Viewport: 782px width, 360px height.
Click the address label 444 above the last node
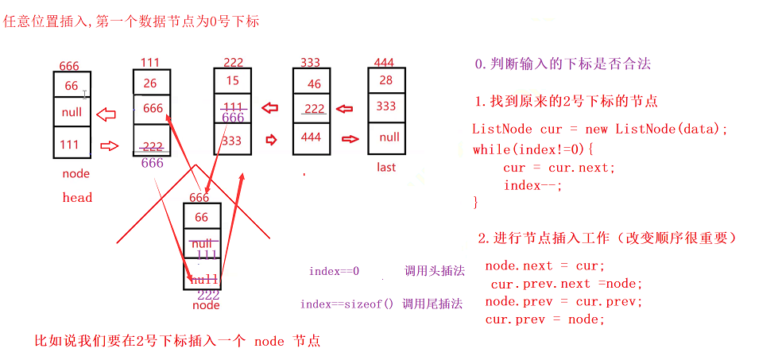pyautogui.click(x=384, y=62)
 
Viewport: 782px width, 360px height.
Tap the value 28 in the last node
pyautogui.click(x=386, y=80)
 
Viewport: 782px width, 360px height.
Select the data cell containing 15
pyautogui.click(x=233, y=81)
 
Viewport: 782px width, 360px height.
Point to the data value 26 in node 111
pyautogui.click(x=150, y=82)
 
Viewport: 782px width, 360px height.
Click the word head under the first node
pyautogui.click(x=77, y=197)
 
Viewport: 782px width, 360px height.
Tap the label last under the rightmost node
pyautogui.click(x=386, y=168)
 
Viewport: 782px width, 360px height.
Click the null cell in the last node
pyautogui.click(x=389, y=137)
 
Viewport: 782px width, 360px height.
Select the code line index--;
pyautogui.click(x=532, y=185)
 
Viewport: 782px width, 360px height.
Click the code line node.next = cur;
pyautogui.click(x=545, y=265)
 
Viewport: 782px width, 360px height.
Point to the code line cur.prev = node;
pyautogui.click(x=545, y=319)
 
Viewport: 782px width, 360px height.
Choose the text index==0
pyautogui.click(x=334, y=271)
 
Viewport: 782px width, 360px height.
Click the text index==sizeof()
pyautogui.click(x=346, y=304)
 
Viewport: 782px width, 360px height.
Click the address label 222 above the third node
pyautogui.click(x=234, y=62)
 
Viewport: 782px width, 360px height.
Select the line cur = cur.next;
pyautogui.click(x=559, y=168)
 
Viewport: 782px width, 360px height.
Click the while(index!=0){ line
pyautogui.click(x=533, y=149)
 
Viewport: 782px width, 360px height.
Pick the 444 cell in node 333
pyautogui.click(x=312, y=137)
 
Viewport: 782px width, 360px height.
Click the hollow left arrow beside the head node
pyautogui.click(x=105, y=114)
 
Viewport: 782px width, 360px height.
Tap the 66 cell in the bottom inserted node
pyautogui.click(x=202, y=217)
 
